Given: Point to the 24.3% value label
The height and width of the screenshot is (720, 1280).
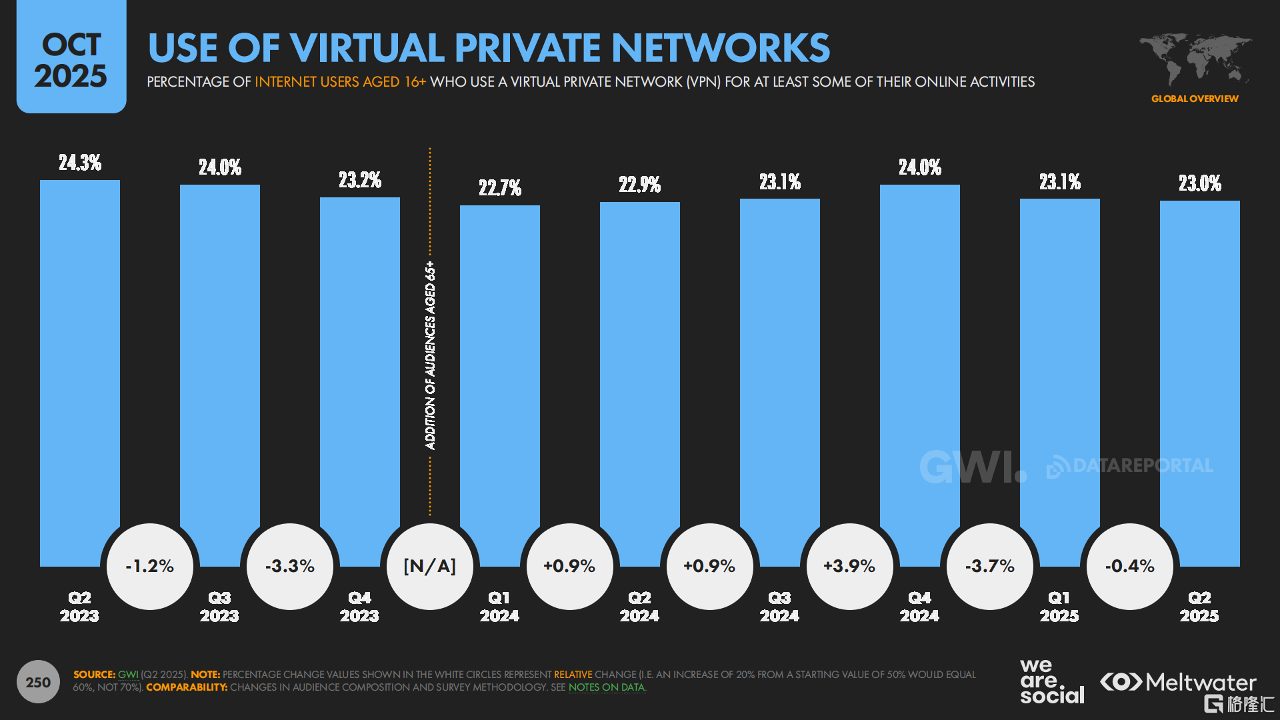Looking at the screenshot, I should tap(80, 163).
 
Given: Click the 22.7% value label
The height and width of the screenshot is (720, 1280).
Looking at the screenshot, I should tap(500, 188).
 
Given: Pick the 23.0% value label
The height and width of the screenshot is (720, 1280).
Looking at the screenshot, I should tap(1200, 183).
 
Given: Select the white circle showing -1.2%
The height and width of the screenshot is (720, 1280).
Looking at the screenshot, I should tap(150, 567).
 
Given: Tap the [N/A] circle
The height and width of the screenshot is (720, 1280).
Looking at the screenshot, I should tap(430, 567).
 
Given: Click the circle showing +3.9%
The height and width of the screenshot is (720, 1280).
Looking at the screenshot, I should tap(850, 567).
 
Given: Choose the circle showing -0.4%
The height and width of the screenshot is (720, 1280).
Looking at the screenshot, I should tap(1130, 567).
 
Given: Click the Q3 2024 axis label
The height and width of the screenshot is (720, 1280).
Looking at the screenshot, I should tap(779, 607).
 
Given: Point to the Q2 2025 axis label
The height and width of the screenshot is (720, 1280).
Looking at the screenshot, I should tap(1199, 607).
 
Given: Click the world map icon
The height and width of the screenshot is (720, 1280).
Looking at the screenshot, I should tap(1195, 59).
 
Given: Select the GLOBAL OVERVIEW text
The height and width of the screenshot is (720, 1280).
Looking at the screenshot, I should tap(1195, 99).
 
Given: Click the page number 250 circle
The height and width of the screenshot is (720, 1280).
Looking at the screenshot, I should tap(38, 682).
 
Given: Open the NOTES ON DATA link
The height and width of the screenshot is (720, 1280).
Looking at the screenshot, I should tap(607, 687).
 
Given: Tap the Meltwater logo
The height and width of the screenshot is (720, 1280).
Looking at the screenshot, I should tap(1178, 682).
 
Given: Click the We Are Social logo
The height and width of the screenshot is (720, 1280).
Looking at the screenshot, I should tap(1051, 681).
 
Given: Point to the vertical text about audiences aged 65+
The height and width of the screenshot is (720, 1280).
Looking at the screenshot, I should tap(431, 355).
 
